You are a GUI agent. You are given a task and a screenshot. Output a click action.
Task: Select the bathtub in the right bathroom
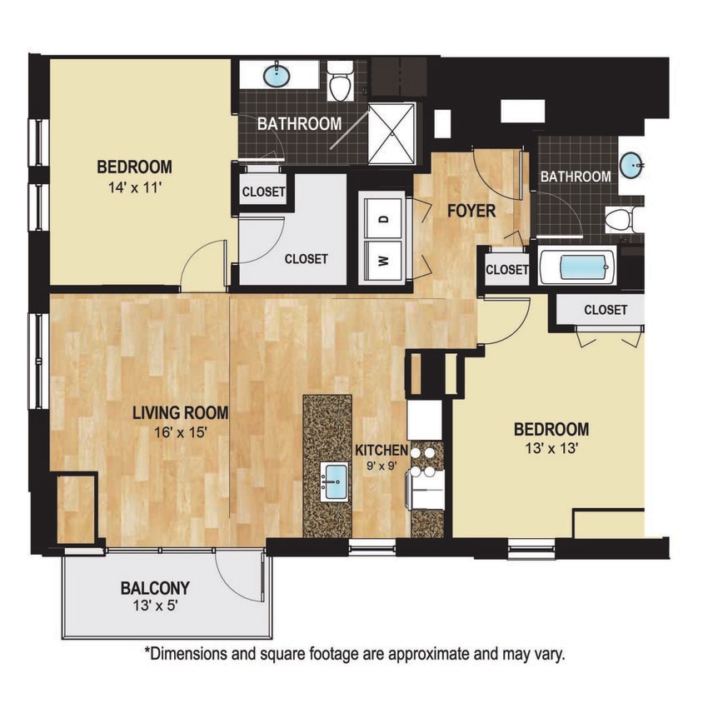coord(577,267)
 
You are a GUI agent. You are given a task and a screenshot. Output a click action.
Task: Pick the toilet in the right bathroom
coord(621,220)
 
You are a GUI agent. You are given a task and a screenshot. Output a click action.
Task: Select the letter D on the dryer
coord(384,220)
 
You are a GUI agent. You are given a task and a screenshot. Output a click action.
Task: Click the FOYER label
coord(471,212)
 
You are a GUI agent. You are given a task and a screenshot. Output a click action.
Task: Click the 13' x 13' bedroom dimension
coord(551,451)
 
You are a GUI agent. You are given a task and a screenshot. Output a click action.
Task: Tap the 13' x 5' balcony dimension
coord(154,606)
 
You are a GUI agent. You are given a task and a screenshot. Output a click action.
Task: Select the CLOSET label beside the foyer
coord(507,270)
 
